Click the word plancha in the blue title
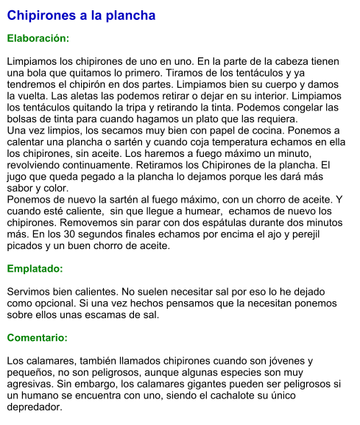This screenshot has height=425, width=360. (130, 15)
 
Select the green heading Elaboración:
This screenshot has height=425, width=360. (38, 37)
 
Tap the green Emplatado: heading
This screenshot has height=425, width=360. (35, 269)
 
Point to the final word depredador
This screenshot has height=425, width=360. (35, 407)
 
